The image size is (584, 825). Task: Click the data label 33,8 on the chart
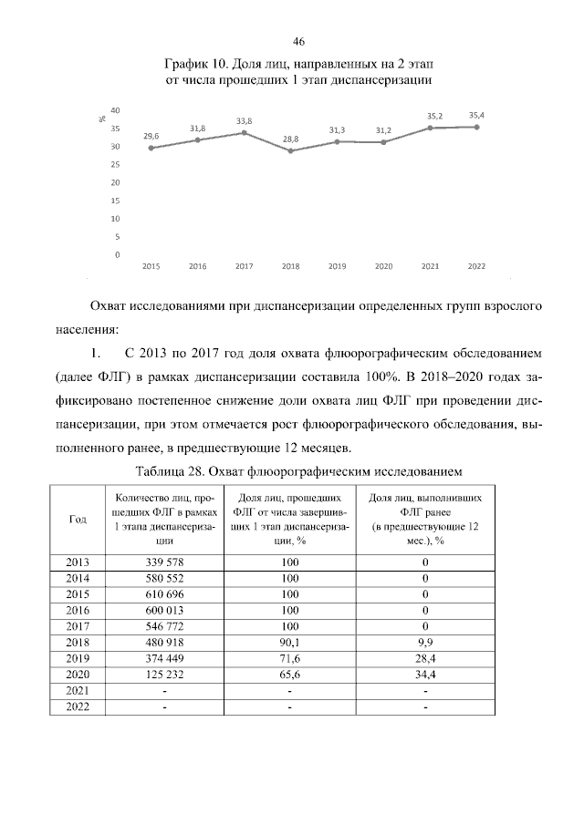(245, 120)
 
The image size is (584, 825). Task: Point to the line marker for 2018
(291, 150)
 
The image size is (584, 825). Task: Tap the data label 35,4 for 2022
(476, 115)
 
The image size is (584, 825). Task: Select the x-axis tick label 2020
(383, 266)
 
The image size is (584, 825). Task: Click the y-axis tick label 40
(116, 110)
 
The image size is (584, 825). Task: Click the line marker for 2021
(430, 128)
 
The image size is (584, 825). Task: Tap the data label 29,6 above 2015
(151, 136)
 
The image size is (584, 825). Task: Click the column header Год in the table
(78, 519)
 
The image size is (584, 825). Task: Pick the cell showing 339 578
(165, 562)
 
